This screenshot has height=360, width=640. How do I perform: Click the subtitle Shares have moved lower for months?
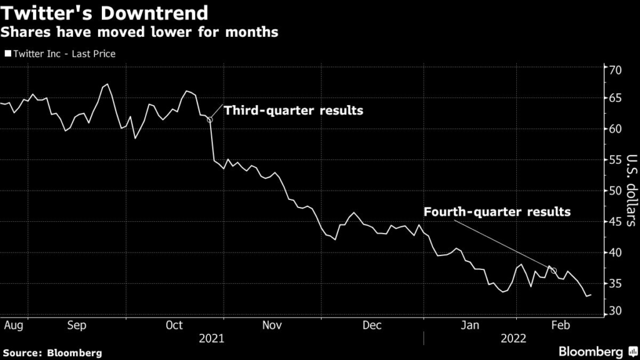[x=141, y=32]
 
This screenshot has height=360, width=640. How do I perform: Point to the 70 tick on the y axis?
[x=616, y=69]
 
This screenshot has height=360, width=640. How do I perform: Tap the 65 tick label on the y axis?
[x=616, y=99]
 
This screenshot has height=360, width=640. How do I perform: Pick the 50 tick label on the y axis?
[x=616, y=191]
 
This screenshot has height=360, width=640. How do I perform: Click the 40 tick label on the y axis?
[x=616, y=252]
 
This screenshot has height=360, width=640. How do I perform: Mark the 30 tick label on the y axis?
[x=616, y=311]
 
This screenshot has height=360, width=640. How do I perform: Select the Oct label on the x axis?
[x=174, y=326]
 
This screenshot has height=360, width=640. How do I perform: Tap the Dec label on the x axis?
[x=372, y=326]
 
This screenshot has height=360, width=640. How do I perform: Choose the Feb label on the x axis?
[x=564, y=326]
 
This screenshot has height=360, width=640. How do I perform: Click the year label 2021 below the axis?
[x=211, y=338]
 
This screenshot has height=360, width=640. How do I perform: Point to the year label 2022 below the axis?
[x=514, y=338]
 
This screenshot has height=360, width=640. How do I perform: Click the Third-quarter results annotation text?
[x=294, y=111]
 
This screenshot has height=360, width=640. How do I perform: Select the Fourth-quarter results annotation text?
[x=497, y=212]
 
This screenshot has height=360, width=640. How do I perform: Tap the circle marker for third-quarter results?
[x=210, y=119]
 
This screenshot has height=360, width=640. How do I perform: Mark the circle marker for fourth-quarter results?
[x=554, y=271]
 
